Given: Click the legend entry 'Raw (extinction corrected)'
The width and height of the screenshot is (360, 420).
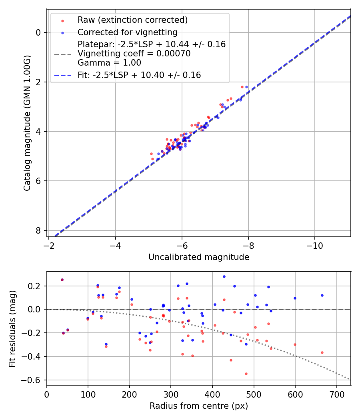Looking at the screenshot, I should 132,20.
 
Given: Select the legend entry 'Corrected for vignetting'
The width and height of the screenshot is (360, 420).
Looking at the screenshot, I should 127,32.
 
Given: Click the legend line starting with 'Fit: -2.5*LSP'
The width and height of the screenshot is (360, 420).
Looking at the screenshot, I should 139,75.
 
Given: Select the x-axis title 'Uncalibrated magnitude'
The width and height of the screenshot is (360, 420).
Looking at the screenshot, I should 199,257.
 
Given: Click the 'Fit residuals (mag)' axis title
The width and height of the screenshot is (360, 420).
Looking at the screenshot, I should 12,328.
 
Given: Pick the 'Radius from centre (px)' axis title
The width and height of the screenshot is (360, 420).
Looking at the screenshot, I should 199,406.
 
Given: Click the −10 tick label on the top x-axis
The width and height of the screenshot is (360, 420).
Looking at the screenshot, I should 315,244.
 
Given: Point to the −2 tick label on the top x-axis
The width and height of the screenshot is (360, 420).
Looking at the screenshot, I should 49,244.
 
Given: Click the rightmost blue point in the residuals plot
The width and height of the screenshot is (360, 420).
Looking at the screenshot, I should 322,295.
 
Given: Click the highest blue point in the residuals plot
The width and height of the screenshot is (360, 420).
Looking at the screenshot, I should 224,276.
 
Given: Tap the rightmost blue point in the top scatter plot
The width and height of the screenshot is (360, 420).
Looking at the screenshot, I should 246,87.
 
